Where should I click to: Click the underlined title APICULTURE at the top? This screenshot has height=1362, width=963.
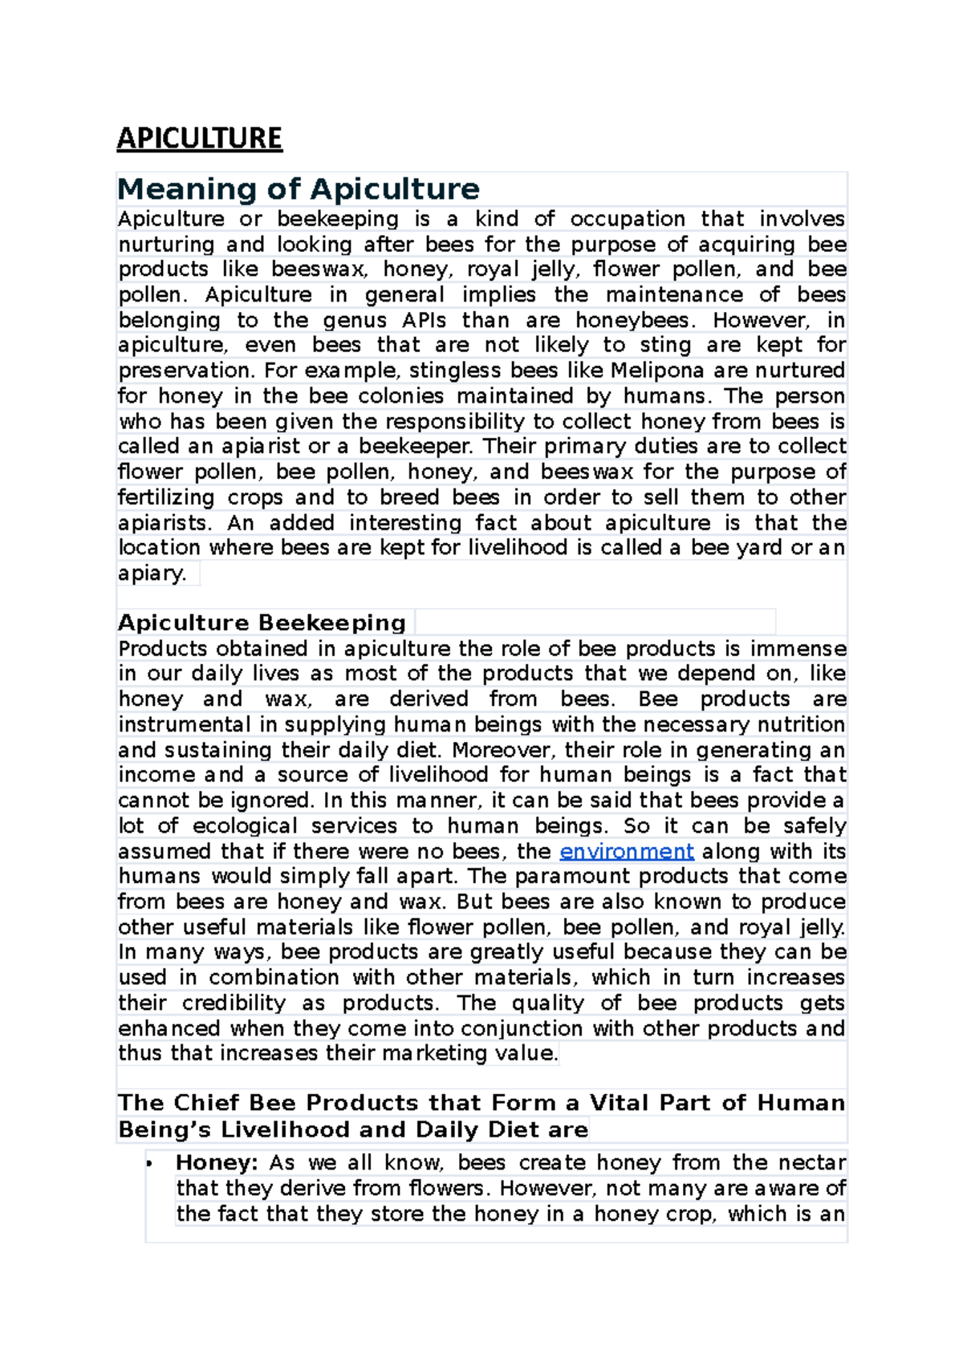pos(199,138)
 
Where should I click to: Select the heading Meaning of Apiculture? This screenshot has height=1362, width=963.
pos(298,189)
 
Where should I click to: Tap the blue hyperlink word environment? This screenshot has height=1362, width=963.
pos(626,851)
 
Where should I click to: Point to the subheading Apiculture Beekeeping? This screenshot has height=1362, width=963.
pos(262,623)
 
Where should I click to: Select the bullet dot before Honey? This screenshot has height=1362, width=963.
pos(149,1164)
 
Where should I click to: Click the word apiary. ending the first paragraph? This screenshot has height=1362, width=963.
pos(152,574)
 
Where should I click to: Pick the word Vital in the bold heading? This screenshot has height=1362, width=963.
pos(620,1103)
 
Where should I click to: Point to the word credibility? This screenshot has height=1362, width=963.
pos(234,1003)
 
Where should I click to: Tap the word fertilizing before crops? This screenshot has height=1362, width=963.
pos(166,497)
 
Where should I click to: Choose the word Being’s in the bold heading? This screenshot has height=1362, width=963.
pos(164,1130)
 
